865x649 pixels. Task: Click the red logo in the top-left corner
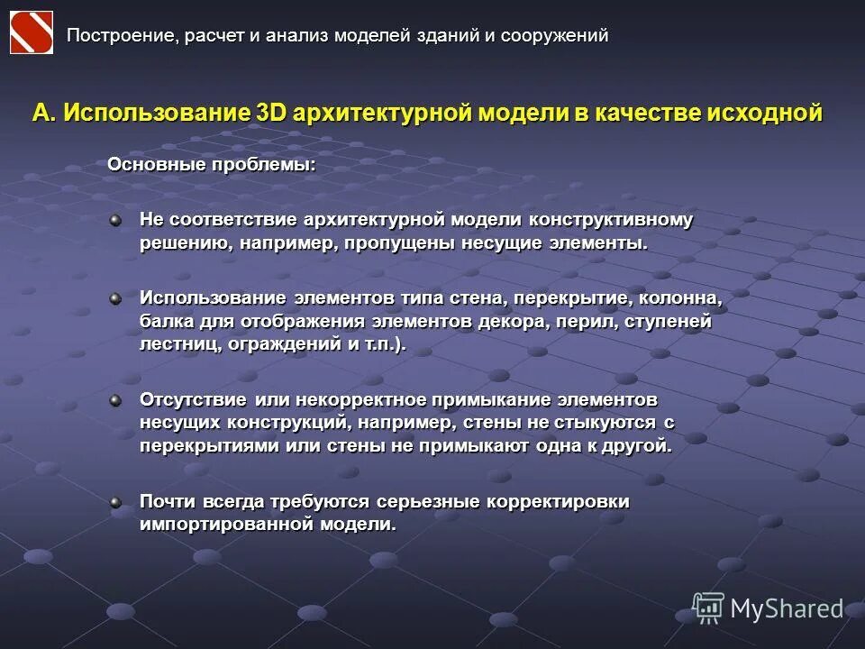pos(31,33)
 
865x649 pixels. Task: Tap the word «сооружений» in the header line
pos(555,36)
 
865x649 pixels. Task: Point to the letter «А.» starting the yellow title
pos(44,114)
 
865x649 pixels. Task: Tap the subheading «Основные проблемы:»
pos(212,165)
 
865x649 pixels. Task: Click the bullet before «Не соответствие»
pos(115,218)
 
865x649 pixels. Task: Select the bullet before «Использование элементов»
pos(115,297)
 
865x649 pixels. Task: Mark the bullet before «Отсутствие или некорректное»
pos(115,398)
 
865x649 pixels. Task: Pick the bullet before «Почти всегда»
pos(115,500)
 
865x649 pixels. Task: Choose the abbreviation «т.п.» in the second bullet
pos(378,345)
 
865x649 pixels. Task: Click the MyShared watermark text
pos(786,608)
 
